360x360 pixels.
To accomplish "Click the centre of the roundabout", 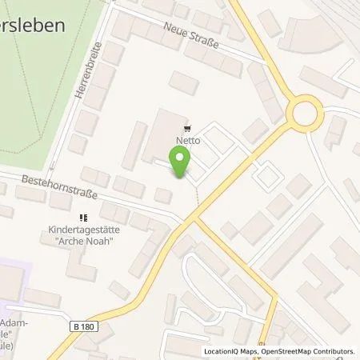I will pyautogui.click(x=306, y=115).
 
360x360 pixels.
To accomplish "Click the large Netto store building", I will pyautogui.click(x=164, y=134).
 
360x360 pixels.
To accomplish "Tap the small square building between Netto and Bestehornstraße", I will pyautogui.click(x=163, y=195).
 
